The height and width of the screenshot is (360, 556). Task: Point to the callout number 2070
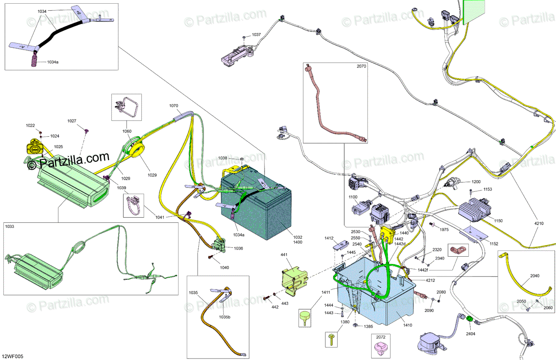pos(361,67)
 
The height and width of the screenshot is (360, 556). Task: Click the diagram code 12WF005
pos(13,356)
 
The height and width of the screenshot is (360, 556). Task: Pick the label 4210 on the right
pos(539,224)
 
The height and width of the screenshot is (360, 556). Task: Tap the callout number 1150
pos(498,221)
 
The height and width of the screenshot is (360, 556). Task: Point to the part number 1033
pos(10,227)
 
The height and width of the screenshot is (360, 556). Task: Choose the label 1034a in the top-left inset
pos(52,62)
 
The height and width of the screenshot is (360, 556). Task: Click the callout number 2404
pos(471,334)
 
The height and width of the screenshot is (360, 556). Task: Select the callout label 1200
pos(476,182)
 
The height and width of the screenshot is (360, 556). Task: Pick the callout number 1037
pos(256,35)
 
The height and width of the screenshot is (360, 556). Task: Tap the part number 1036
pos(238,248)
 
